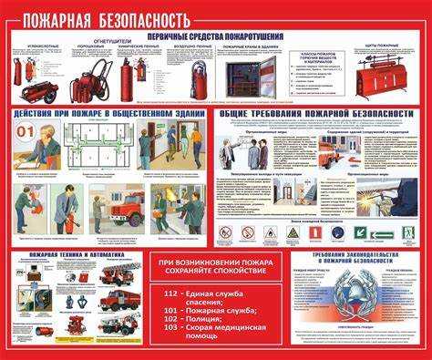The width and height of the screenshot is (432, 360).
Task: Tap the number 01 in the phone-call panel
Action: click(26, 131)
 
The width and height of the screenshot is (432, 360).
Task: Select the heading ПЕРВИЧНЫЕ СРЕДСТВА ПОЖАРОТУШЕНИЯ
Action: click(215, 36)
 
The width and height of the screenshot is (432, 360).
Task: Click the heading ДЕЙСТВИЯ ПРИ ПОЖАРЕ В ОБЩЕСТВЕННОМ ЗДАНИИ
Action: click(108, 114)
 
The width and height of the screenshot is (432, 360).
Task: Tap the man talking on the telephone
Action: click(46, 148)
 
